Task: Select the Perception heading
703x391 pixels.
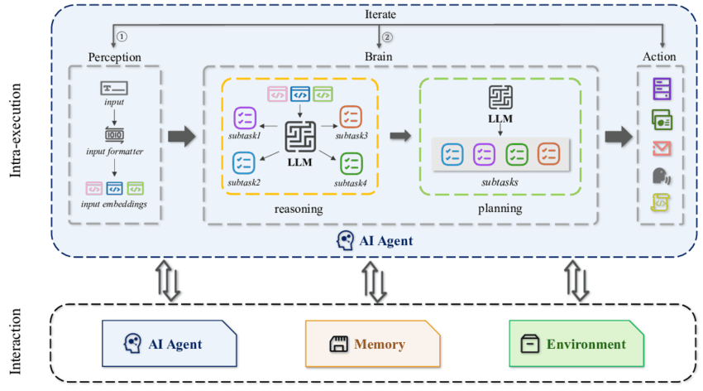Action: point(114,56)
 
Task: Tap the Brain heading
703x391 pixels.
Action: point(380,56)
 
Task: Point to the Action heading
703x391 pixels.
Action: point(659,56)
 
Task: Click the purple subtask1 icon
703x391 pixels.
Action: point(245,117)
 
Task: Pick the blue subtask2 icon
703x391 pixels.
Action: point(245,162)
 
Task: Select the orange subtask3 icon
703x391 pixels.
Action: point(350,116)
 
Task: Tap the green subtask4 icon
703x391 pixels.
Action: point(350,162)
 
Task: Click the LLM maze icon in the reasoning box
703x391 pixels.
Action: point(299,136)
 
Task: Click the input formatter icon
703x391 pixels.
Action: point(114,134)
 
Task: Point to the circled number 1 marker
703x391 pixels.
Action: point(122,36)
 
